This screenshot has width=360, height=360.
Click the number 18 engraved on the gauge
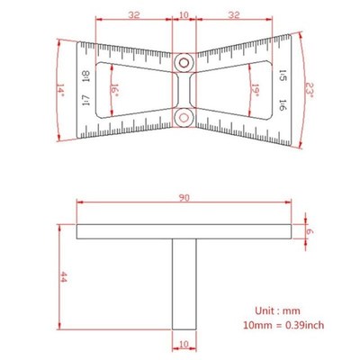coord(85,77)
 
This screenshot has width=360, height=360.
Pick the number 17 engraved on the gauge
coord(85,103)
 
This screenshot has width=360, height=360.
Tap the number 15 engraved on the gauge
coord(282,77)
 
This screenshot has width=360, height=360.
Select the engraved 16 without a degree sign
coord(282,104)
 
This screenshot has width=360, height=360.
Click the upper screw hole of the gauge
coord(184,64)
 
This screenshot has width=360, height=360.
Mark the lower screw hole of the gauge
coord(184,115)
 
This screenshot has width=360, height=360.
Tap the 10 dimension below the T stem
coord(184,344)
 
